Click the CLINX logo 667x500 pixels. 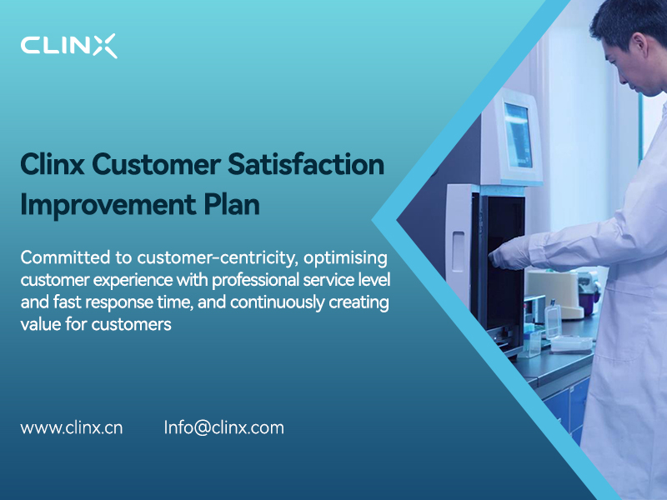pyautogui.click(x=68, y=45)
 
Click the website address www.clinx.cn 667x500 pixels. pyautogui.click(x=72, y=427)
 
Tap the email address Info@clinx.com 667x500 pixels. pyautogui.click(x=223, y=427)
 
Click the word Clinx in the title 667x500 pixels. pyautogui.click(x=53, y=165)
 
